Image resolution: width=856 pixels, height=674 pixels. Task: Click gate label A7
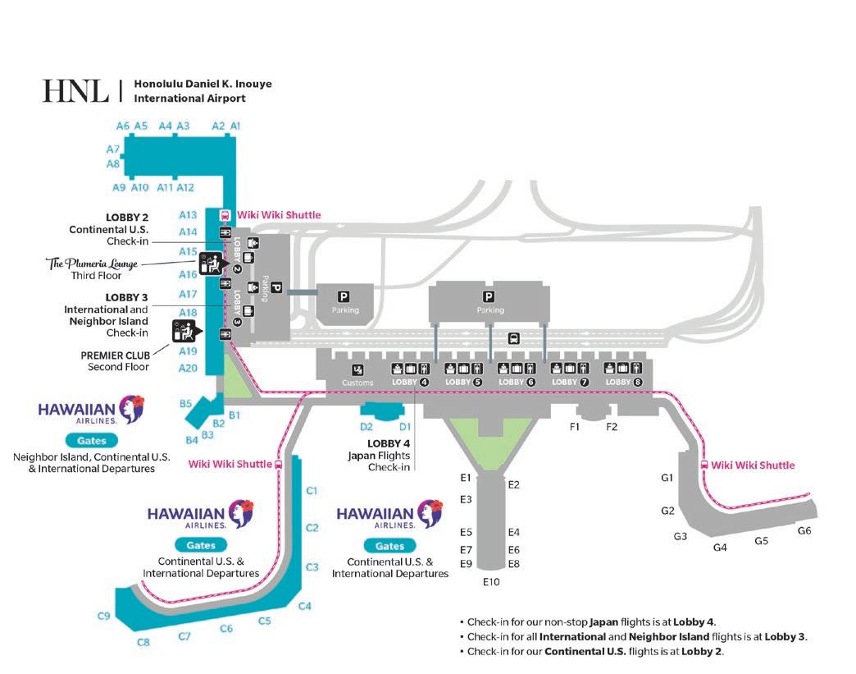pyautogui.click(x=113, y=149)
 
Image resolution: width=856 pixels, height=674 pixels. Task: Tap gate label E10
pyautogui.click(x=490, y=582)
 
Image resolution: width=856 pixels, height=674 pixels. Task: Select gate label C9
pyautogui.click(x=104, y=616)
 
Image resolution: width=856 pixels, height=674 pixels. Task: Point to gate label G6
pyautogui.click(x=804, y=530)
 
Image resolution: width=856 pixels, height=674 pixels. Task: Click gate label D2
pyautogui.click(x=367, y=426)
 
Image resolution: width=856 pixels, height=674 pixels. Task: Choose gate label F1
pyautogui.click(x=575, y=426)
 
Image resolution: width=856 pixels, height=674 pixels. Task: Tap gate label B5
pyautogui.click(x=185, y=403)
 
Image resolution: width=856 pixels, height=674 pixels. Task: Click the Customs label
pyautogui.click(x=357, y=383)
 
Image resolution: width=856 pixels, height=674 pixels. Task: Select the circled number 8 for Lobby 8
pyautogui.click(x=637, y=382)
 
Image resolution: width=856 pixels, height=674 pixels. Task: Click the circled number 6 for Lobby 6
pyautogui.click(x=530, y=382)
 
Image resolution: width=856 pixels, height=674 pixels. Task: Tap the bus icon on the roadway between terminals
pyautogui.click(x=513, y=337)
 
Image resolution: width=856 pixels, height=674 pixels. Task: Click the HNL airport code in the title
pyautogui.click(x=75, y=91)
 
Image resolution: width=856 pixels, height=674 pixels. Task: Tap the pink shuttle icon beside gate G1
pyautogui.click(x=703, y=465)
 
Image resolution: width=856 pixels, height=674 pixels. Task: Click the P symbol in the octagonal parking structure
pyautogui.click(x=344, y=297)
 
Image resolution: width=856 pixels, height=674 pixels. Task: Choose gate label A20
pyautogui.click(x=188, y=368)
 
